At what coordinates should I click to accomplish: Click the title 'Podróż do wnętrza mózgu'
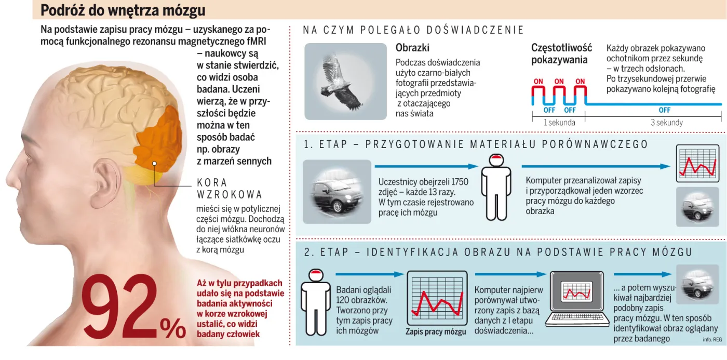[x=123, y=10]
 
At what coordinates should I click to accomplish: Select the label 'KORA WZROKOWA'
[x=229, y=189]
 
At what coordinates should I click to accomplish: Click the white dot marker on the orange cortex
[x=154, y=164]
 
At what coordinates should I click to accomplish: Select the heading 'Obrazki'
[x=412, y=48]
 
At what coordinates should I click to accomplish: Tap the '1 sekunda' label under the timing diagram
[x=559, y=123]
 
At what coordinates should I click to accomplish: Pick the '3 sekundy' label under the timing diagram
[x=667, y=123]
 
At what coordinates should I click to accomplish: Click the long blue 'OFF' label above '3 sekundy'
[x=664, y=110]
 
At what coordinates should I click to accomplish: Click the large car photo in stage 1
[x=337, y=192]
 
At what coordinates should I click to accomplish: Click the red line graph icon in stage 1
[x=697, y=164]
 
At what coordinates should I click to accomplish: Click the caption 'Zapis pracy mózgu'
[x=436, y=332]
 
